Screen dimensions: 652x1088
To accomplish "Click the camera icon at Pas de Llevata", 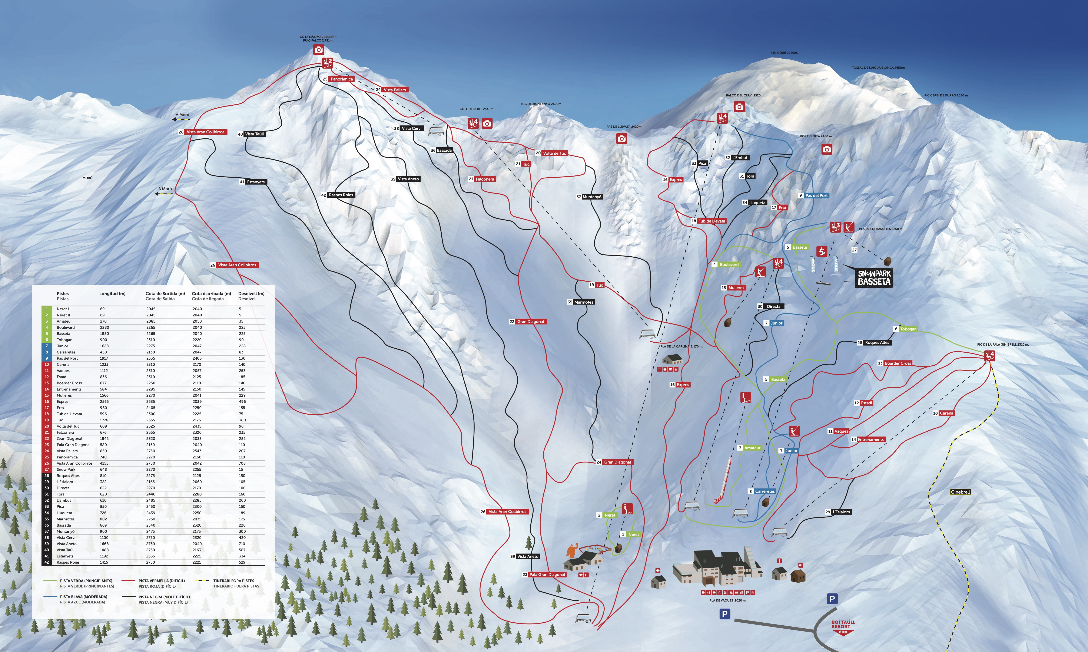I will (621, 139).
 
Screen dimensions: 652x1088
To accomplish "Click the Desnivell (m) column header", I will (251, 293).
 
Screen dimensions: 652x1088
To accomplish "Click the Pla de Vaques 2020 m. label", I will (727, 601).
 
